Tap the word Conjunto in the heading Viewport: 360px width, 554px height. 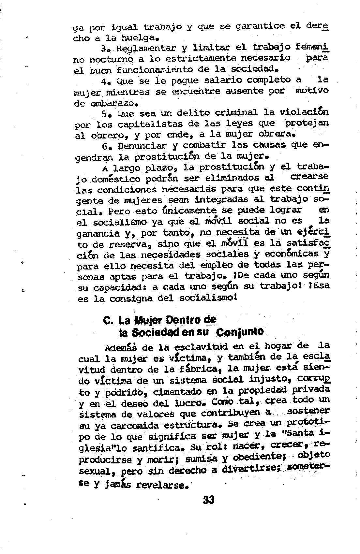(x=240, y=332)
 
